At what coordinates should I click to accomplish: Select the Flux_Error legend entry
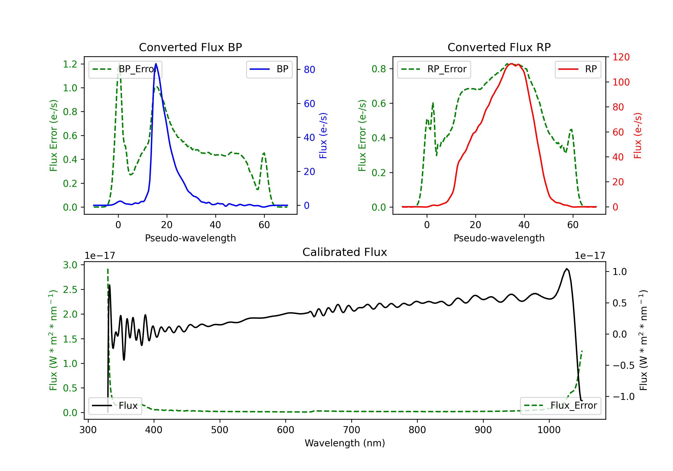coord(560,406)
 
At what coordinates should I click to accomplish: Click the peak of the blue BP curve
coord(156,64)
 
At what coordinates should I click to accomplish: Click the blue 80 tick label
coord(309,70)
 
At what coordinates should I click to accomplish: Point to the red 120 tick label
coord(621,57)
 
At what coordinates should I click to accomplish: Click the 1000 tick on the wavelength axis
coord(549,430)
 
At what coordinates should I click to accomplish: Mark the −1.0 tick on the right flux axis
coord(623,397)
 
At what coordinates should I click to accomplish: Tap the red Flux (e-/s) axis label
coord(638,135)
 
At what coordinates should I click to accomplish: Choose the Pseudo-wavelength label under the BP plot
coord(190,238)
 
